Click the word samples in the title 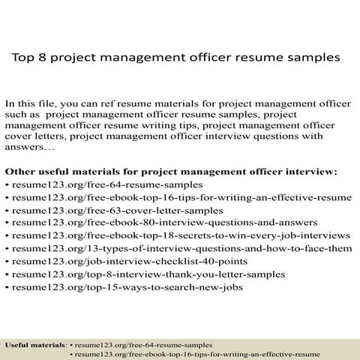pyautogui.click(x=304, y=56)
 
